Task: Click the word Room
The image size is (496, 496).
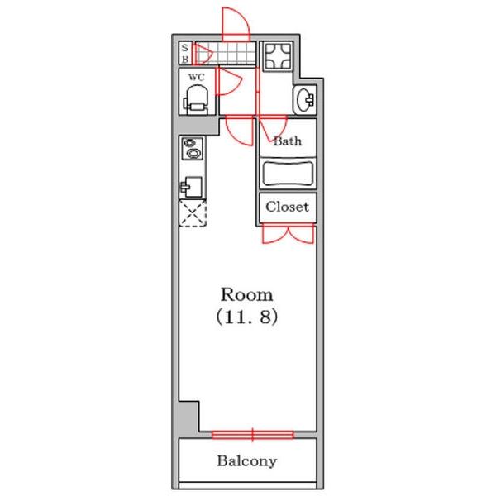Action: pos(246,295)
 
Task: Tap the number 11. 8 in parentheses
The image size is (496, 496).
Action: pos(247,317)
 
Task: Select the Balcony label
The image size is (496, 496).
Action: pos(247,461)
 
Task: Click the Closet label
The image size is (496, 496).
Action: pos(287,207)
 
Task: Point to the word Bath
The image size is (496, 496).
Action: pos(287,141)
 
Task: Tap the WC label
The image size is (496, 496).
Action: pos(197,77)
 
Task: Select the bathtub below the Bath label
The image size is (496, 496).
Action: pos(288,174)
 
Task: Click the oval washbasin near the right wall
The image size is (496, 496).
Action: pos(305,100)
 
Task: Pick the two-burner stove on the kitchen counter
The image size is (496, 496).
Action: pos(193,148)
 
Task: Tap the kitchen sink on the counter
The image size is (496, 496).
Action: pos(192,186)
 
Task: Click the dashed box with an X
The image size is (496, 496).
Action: pos(193,213)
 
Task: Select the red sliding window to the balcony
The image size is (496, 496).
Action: pos(252,435)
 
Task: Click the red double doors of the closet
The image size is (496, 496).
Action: pos(288,233)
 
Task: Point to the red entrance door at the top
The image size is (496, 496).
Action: pos(236,25)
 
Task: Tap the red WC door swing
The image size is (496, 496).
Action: pos(228,81)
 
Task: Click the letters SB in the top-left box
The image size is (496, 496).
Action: pos(185,53)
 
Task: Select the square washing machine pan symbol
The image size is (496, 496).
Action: pos(278,56)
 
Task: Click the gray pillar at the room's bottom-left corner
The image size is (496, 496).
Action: pos(188,417)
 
